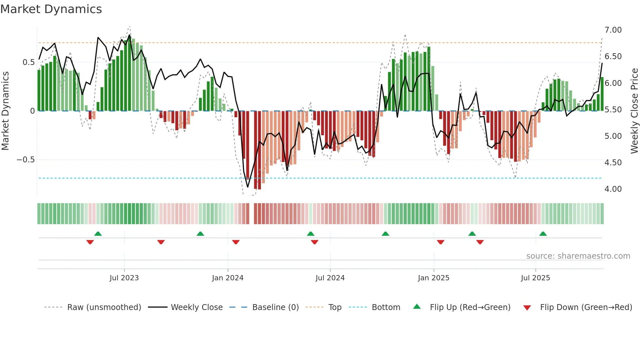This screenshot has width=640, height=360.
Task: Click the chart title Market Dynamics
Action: [x=51, y=9]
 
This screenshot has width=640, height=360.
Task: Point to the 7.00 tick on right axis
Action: [x=613, y=30]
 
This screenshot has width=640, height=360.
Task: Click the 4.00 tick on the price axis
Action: [x=613, y=189]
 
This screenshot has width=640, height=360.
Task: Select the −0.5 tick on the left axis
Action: [x=25, y=160]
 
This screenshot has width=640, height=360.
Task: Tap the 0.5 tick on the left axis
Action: [x=28, y=62]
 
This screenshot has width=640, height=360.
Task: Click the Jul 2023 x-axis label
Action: [x=124, y=278]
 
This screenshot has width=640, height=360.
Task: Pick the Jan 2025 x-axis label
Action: [x=433, y=278]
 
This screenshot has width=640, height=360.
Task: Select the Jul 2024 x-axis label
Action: [x=330, y=278]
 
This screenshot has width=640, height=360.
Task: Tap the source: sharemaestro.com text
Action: [x=578, y=256]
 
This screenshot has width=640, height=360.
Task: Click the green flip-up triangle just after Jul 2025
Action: [x=543, y=234]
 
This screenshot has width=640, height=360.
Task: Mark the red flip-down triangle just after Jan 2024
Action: [x=236, y=242]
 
